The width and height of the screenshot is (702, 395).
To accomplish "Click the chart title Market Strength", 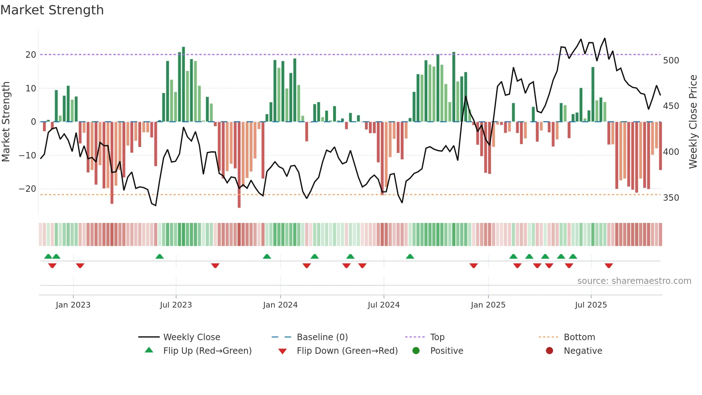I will pyautogui.click(x=52, y=10).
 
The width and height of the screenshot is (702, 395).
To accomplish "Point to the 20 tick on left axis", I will pyautogui.click(x=31, y=55).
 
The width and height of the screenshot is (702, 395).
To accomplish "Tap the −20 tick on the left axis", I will pyautogui.click(x=28, y=189).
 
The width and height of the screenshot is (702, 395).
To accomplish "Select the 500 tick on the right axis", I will pyautogui.click(x=670, y=61).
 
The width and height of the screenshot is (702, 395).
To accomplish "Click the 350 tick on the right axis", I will pyautogui.click(x=670, y=198).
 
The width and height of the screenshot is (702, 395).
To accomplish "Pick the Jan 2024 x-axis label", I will pyautogui.click(x=280, y=305).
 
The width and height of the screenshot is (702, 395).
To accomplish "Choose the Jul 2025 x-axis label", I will pyautogui.click(x=591, y=305).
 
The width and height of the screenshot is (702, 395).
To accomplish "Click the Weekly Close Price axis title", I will pyautogui.click(x=693, y=122).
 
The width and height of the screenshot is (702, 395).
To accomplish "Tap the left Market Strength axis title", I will pyautogui.click(x=6, y=122).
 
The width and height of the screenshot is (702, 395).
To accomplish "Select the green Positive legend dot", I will pyautogui.click(x=416, y=351).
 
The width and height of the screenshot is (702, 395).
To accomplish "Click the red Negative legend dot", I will pyautogui.click(x=549, y=351).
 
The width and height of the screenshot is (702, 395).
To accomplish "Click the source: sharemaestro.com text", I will pyautogui.click(x=634, y=281).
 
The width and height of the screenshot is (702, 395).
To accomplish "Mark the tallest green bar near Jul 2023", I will pyautogui.click(x=183, y=84).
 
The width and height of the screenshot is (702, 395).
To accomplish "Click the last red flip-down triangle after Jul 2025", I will pyautogui.click(x=609, y=266).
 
